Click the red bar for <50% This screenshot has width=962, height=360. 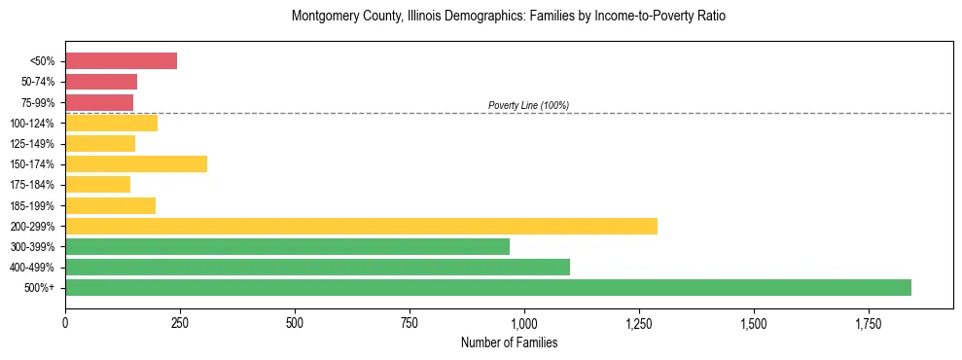tap(121, 61)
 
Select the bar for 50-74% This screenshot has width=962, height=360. tap(101, 82)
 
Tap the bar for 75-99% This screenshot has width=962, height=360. tap(99, 102)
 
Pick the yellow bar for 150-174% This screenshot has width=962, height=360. tap(136, 164)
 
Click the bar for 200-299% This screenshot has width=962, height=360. tap(361, 226)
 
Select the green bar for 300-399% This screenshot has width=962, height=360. tap(287, 246)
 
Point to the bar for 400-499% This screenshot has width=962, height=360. tap(317, 267)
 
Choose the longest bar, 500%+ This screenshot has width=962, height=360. tap(488, 287)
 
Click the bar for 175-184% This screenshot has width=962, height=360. tap(97, 185)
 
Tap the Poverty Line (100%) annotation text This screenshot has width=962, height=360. tap(528, 105)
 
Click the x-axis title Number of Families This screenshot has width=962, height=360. tap(509, 343)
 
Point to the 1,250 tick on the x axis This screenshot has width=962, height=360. tap(639, 322)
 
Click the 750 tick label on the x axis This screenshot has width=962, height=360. tap(410, 322)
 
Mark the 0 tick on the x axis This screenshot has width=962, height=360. tap(65, 322)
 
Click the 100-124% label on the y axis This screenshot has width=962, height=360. tap(32, 124)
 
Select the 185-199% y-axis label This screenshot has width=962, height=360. tap(32, 205)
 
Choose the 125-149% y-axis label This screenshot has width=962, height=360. tap(32, 144)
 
